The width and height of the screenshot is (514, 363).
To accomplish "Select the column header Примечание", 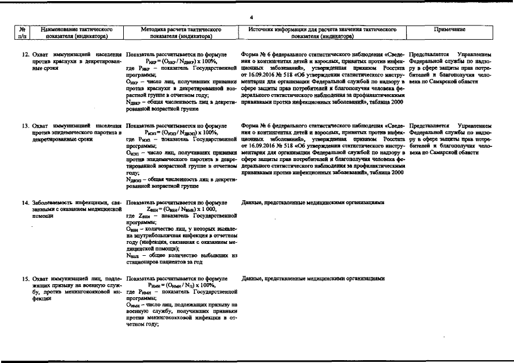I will pyautogui.click(x=449, y=28).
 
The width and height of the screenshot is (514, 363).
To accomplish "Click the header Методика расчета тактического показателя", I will pyautogui.click(x=180, y=32).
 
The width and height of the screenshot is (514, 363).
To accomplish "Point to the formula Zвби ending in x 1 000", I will pyautogui.click(x=180, y=209).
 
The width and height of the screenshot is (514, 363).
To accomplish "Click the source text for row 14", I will pyautogui.click(x=313, y=202).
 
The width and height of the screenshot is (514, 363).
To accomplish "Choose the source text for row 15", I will pyautogui.click(x=313, y=279).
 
